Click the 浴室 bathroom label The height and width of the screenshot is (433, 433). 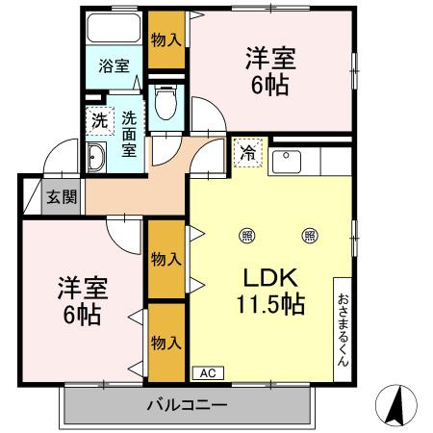tap(115, 67)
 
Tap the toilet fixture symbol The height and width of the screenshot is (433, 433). tap(165, 102)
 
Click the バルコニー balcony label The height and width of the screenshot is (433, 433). tap(187, 403)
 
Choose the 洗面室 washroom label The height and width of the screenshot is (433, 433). tap(129, 136)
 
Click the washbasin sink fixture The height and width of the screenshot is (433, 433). tap(96, 160)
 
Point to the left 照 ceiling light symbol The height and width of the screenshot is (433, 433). tap(248, 234)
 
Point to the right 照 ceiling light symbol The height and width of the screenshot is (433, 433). tap(310, 234)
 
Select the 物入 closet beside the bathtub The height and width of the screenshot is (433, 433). tap(166, 39)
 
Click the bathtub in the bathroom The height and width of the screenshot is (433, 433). tap(115, 29)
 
